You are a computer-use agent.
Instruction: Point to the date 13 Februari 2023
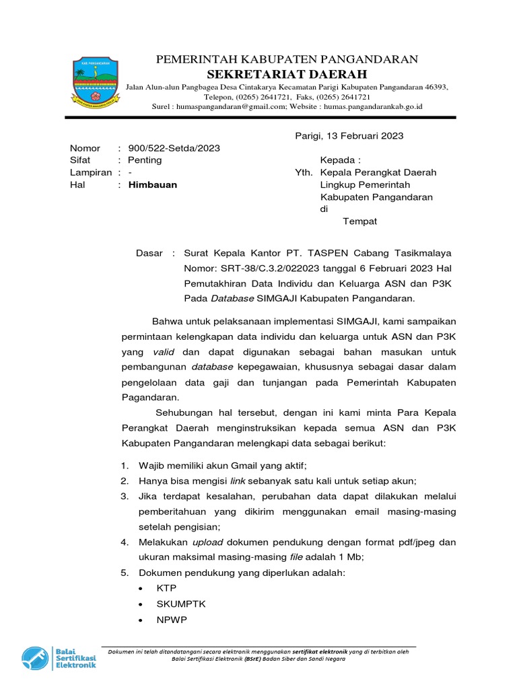366,136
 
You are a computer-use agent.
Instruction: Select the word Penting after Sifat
145,160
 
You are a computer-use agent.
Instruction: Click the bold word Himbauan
153,184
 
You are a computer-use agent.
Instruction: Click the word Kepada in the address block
340,160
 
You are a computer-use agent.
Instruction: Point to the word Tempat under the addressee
360,221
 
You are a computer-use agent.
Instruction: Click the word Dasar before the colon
149,253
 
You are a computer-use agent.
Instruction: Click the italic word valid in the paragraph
164,351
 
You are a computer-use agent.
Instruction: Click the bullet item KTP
166,587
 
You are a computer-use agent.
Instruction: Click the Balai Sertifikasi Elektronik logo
59,657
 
